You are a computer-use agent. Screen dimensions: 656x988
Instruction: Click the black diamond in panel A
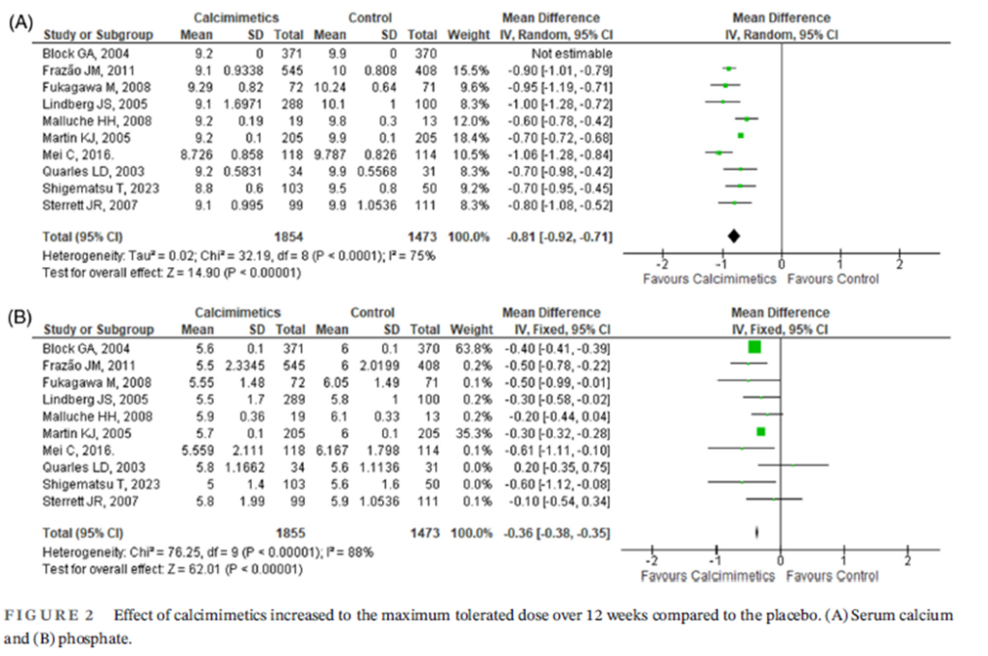[x=733, y=236]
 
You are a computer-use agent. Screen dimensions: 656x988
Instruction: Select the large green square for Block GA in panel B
[x=755, y=347]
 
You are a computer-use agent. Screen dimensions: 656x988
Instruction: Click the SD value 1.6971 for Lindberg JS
[x=243, y=102]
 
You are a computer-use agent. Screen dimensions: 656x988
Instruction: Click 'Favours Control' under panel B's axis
[x=832, y=576]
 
